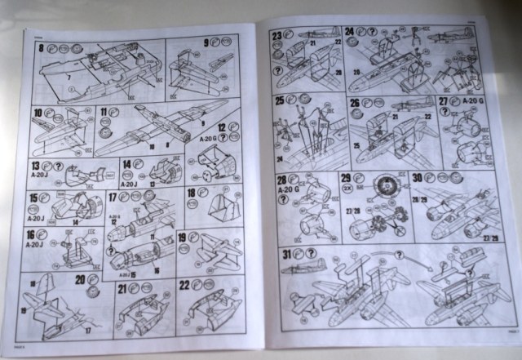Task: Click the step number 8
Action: pos(41,47)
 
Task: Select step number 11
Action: pos(104,111)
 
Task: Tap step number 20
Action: pos(80,279)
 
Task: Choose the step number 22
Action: pos(184,285)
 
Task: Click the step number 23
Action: pos(277,35)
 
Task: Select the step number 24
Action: pos(349,33)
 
